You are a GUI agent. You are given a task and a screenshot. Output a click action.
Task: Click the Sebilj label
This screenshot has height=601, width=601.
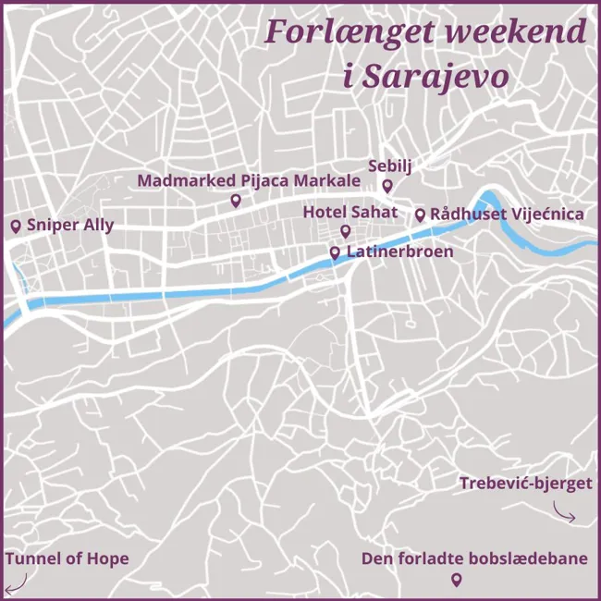point(389,166)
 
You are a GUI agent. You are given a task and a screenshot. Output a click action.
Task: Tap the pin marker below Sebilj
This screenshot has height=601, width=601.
point(388,187)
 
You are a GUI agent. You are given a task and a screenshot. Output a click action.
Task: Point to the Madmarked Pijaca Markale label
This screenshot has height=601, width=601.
point(249,180)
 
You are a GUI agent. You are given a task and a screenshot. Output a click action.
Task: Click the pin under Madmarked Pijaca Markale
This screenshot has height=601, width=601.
point(236,201)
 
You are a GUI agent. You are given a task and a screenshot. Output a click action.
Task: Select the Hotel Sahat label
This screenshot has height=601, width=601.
point(350,213)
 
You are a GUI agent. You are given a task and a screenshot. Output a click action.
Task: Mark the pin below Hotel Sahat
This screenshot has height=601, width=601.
point(346,231)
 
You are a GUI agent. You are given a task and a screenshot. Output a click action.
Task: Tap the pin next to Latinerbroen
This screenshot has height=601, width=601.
point(335,251)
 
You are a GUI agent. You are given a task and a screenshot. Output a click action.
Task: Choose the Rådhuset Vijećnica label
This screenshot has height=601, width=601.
point(507,215)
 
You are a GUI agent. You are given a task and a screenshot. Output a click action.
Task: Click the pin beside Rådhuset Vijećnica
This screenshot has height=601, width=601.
point(420,215)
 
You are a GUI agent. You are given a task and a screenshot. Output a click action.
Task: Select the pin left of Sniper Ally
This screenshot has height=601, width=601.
point(15,226)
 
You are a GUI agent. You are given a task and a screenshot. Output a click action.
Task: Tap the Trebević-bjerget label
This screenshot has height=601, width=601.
point(525,483)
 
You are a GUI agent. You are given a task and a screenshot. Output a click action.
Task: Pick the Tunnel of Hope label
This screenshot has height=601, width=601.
point(67,558)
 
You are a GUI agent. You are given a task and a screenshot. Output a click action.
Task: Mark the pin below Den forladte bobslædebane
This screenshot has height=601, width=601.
point(455,580)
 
